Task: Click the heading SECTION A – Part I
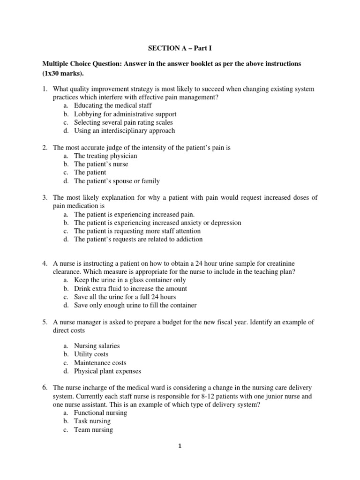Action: point(180,48)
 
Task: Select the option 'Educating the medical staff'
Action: point(113,105)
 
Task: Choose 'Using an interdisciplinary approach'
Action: point(124,131)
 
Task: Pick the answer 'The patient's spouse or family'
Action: point(117,181)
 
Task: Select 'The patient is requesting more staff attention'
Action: point(137,231)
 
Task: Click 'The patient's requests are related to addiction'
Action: point(138,239)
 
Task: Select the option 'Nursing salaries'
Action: point(97,346)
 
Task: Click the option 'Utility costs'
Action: point(90,354)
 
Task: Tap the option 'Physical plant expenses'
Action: point(107,371)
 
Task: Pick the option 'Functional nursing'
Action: point(100,412)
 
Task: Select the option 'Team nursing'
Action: point(93,429)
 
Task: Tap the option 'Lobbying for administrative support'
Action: point(125,114)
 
